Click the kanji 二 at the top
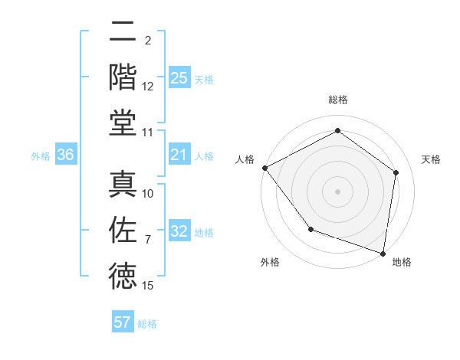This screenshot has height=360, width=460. (x=123, y=32)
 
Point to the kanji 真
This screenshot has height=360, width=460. (x=123, y=184)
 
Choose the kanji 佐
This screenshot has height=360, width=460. (x=123, y=230)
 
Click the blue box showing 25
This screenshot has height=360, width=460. (x=179, y=77)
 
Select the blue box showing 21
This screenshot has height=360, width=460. (x=179, y=155)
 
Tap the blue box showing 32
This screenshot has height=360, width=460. (x=179, y=232)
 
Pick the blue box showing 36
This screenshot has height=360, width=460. (x=66, y=155)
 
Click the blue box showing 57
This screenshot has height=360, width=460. (x=123, y=322)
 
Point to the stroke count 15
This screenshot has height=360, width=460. (x=149, y=286)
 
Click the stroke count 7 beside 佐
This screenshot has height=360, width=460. (x=149, y=241)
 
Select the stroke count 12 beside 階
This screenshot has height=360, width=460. (x=149, y=87)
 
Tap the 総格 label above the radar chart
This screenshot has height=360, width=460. (x=338, y=100)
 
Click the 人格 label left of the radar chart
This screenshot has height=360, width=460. (x=245, y=159)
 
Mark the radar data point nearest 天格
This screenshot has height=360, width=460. (x=396, y=172)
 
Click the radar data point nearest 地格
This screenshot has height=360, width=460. (x=383, y=252)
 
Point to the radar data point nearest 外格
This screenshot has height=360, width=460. (x=310, y=229)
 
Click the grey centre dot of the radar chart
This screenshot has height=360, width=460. (x=338, y=191)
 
